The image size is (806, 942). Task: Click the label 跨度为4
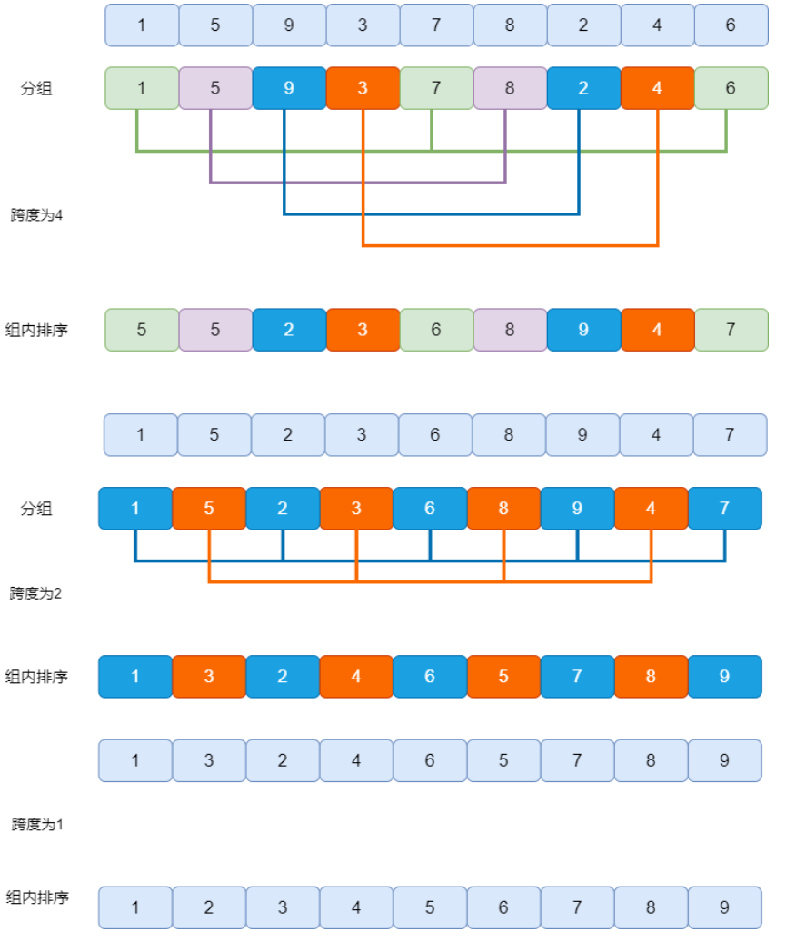(36, 215)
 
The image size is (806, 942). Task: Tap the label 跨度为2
(35, 593)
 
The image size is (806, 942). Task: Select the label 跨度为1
(37, 824)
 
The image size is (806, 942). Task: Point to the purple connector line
(358, 182)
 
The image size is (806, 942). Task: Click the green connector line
(432, 151)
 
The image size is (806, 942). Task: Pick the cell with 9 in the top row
(289, 25)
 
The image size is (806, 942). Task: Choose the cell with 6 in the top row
(731, 25)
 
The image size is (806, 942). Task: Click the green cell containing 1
(142, 88)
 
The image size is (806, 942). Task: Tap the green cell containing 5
(142, 330)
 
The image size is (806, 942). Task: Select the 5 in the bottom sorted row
(430, 907)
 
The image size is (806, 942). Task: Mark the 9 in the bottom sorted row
(725, 907)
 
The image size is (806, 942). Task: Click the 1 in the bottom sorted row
(135, 907)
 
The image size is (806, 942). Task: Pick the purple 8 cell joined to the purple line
(510, 88)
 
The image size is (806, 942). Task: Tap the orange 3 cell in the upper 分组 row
(363, 88)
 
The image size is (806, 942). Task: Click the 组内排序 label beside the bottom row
(37, 897)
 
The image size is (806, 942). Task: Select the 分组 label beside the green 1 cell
(36, 88)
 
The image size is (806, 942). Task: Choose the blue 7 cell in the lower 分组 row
(725, 509)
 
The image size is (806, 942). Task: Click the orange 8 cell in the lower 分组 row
(503, 509)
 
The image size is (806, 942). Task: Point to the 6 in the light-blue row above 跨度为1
(430, 760)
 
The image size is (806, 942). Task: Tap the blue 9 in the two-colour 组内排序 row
(725, 677)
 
